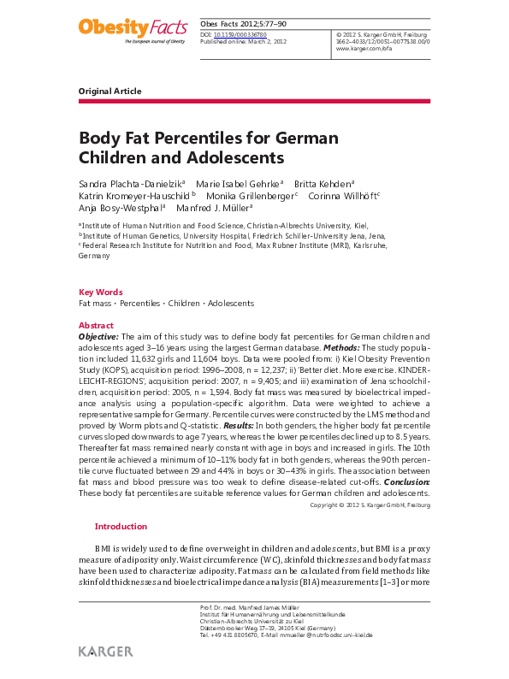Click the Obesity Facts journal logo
coord(132,30)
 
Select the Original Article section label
coord(109,91)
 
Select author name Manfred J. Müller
coord(213,207)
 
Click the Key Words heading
coord(100,292)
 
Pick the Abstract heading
coord(96,326)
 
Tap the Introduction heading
coord(121,527)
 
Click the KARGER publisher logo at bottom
coord(105,651)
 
